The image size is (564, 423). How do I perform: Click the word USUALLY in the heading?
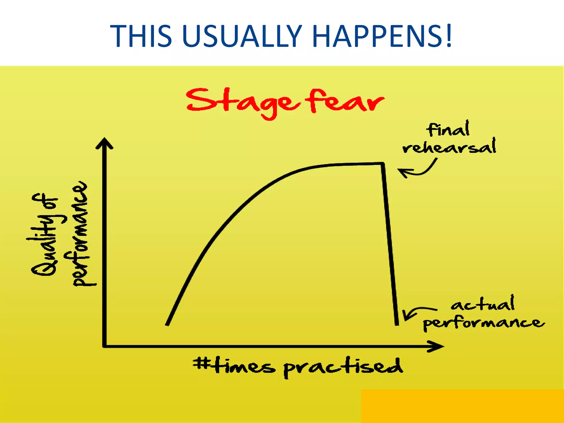click(x=242, y=36)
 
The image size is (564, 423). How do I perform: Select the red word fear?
click(x=346, y=101)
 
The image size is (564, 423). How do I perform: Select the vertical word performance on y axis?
click(x=80, y=234)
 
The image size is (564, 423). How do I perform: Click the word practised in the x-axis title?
click(x=343, y=367)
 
